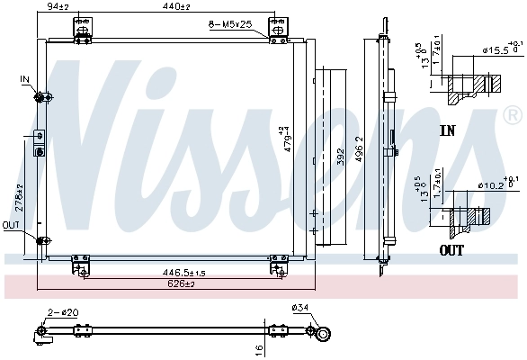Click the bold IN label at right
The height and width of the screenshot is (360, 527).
click(x=447, y=130)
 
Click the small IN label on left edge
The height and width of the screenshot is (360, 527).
click(x=25, y=80)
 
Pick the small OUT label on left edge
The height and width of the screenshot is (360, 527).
click(x=11, y=225)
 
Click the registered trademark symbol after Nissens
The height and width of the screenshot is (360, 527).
click(x=512, y=115)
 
